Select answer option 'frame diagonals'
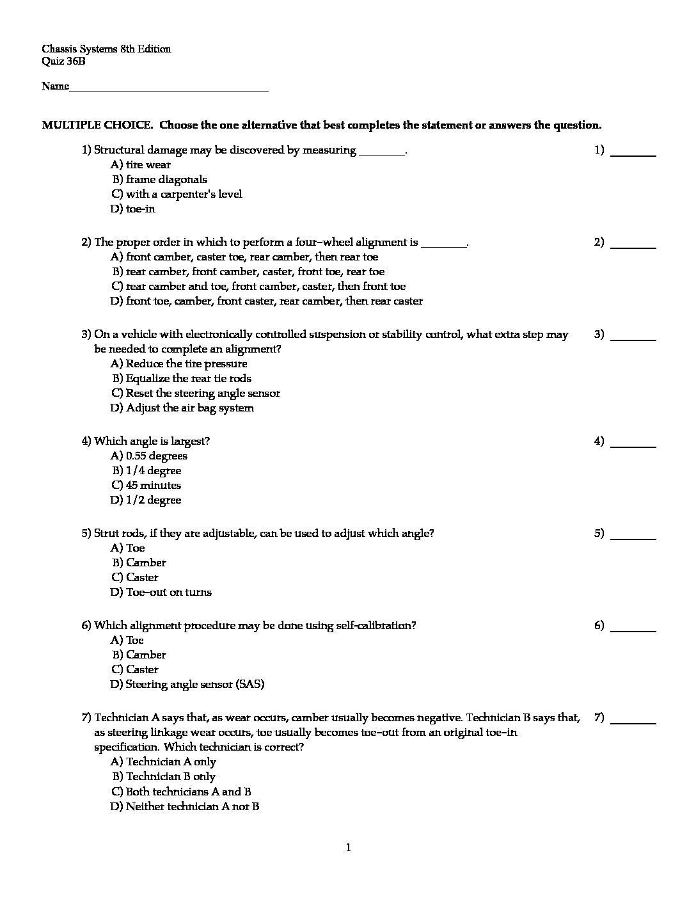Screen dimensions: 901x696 [x=166, y=179]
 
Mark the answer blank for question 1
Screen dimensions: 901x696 [x=633, y=154]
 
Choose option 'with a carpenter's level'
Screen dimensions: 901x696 [x=184, y=194]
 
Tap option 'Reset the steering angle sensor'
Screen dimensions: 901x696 [x=203, y=393]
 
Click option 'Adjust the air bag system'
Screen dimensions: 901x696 [x=189, y=408]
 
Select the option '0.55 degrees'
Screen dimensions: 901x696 [x=157, y=456]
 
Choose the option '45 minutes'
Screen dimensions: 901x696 [x=154, y=485]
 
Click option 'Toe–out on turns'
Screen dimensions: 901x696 [x=169, y=592]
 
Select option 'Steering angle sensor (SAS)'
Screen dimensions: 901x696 [x=195, y=684]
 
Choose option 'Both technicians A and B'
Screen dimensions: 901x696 [x=188, y=791]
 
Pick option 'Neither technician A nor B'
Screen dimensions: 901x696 [x=193, y=806]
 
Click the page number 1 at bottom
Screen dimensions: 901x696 [x=349, y=848]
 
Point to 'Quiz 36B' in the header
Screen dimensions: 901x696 [x=63, y=61]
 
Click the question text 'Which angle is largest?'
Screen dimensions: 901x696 [x=152, y=441]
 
